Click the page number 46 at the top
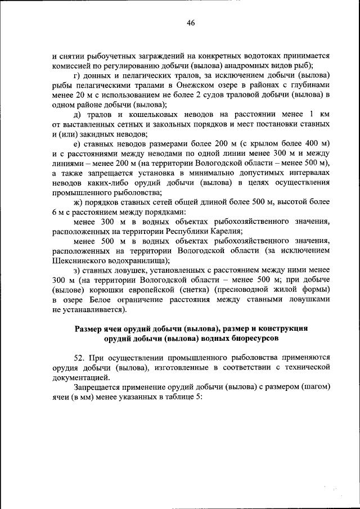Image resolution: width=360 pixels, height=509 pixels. [191, 23]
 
